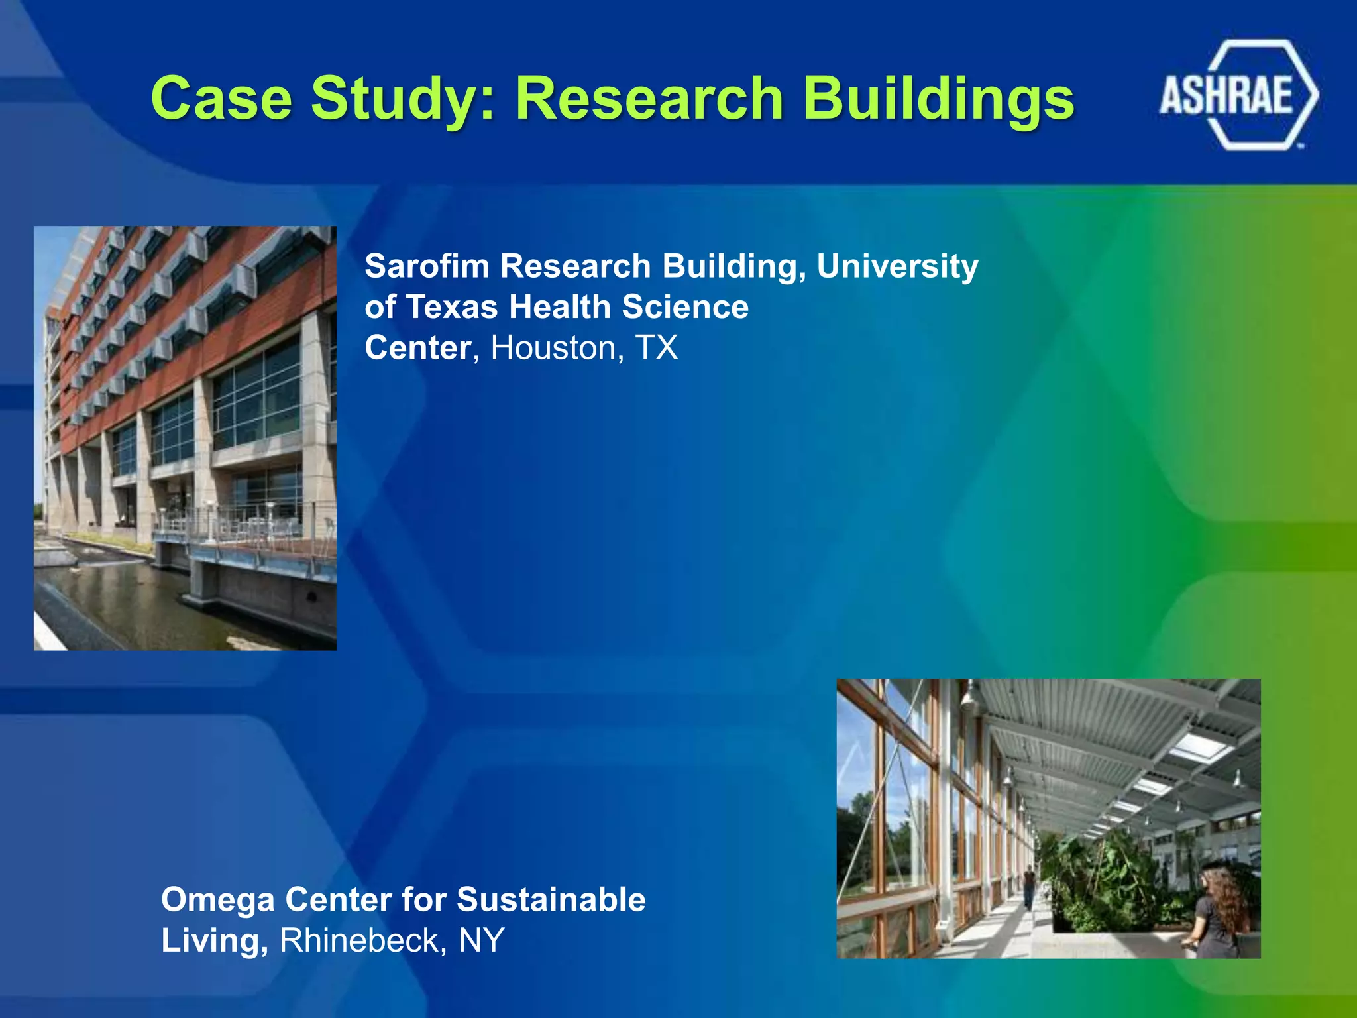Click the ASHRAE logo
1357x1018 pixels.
click(1238, 95)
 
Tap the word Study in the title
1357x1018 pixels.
click(403, 99)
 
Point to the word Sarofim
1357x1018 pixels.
click(427, 266)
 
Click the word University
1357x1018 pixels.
click(897, 266)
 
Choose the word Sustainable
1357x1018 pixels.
click(551, 900)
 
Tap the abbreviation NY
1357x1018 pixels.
click(482, 940)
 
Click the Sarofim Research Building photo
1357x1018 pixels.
click(185, 437)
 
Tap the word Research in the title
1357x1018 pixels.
click(650, 99)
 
